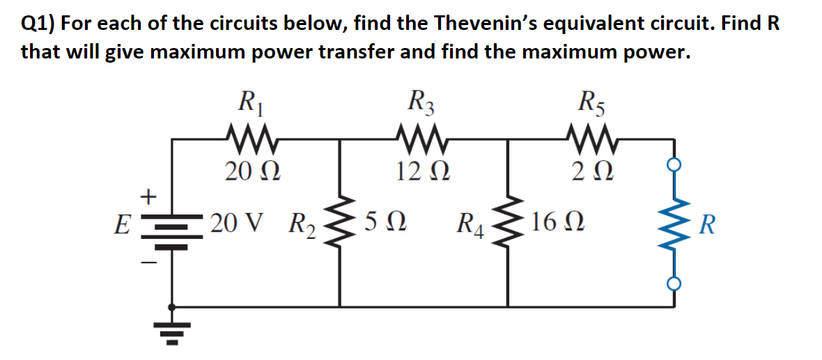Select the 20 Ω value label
pyautogui.click(x=252, y=170)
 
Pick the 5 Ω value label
pyautogui.click(x=385, y=224)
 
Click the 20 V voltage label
pyautogui.click(x=237, y=224)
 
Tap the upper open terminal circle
pyautogui.click(x=674, y=165)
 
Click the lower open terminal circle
pyautogui.click(x=674, y=283)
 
